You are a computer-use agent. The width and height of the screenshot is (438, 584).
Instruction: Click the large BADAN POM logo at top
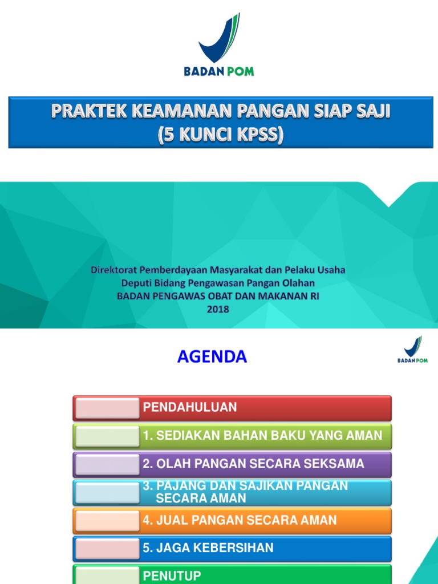(219, 46)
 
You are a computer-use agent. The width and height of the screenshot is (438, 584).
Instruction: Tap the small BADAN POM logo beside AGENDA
(412, 350)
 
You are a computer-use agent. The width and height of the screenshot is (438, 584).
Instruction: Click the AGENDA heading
(212, 357)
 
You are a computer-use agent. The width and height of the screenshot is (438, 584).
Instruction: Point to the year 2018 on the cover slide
(218, 309)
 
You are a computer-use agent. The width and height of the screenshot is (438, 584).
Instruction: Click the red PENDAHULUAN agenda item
(265, 408)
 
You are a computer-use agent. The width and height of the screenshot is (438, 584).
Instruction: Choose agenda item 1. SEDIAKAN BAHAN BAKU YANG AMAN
(262, 436)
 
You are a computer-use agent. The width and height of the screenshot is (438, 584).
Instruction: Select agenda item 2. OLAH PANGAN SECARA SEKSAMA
(253, 464)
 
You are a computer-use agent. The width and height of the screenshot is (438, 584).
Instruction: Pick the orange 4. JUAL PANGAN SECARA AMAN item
(240, 520)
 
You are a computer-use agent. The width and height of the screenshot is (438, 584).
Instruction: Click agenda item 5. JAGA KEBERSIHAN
(208, 548)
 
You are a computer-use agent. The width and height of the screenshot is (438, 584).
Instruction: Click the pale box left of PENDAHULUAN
(107, 408)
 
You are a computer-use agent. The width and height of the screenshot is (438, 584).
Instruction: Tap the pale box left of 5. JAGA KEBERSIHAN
(107, 548)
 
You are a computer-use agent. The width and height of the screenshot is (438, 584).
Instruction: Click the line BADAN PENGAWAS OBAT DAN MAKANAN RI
(218, 296)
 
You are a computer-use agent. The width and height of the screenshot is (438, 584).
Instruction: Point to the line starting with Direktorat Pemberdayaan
(218, 270)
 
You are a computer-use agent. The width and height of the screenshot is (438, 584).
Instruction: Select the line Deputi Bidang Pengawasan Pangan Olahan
(218, 283)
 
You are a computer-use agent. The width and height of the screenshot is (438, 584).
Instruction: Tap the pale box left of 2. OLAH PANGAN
(107, 464)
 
